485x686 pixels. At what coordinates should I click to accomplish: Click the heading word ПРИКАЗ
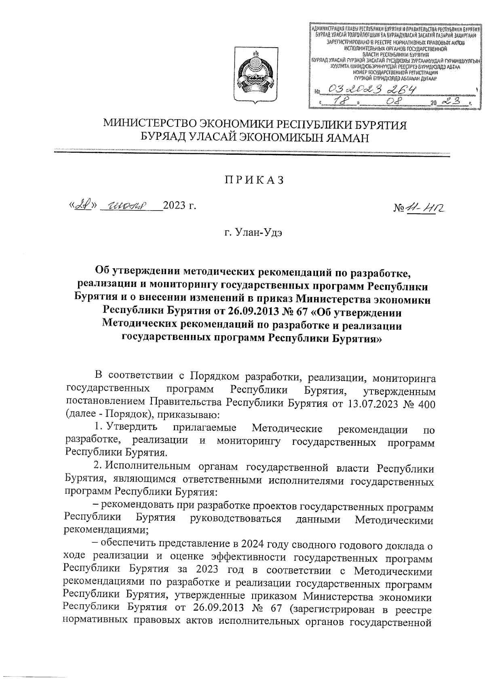[255, 181]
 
